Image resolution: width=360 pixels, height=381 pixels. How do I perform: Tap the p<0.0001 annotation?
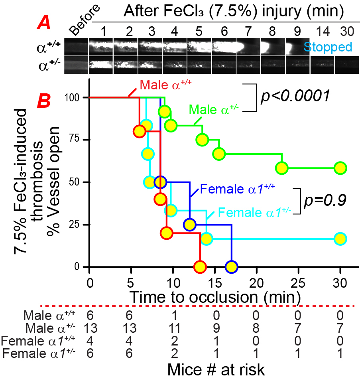coord(295,96)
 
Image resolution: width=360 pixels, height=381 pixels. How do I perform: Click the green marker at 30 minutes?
coord(340,168)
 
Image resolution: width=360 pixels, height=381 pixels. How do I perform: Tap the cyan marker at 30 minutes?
coord(340,239)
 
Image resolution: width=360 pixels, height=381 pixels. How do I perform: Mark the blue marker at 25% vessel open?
coord(190,224)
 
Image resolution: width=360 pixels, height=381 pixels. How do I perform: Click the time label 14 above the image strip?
coord(322,31)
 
